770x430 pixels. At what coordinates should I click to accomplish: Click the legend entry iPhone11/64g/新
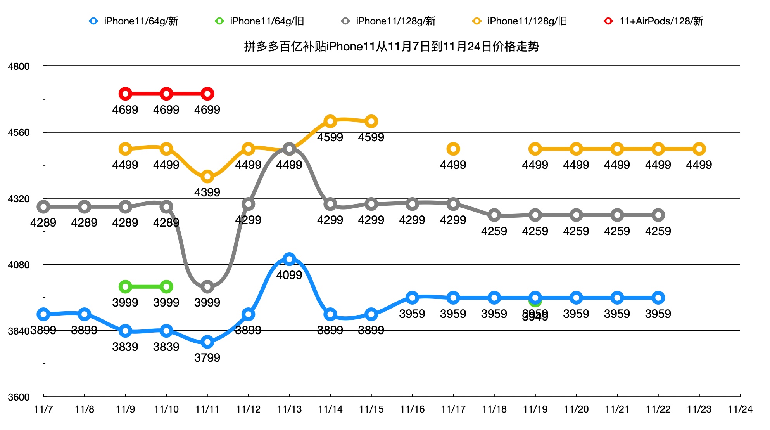tap(134, 21)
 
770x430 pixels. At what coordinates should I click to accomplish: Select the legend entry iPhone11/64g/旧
tap(260, 21)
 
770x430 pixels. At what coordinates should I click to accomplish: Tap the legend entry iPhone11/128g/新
tap(388, 21)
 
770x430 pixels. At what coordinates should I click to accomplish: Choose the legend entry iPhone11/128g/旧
tap(520, 21)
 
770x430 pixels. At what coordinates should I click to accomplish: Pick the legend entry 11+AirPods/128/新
tap(654, 21)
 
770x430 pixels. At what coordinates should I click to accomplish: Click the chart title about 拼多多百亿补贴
tap(392, 47)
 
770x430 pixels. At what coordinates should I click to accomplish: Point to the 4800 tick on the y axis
tap(19, 66)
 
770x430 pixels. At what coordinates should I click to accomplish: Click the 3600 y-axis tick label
tap(19, 397)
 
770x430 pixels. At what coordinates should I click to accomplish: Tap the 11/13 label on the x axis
tap(289, 409)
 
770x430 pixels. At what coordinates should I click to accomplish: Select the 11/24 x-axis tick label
tap(740, 409)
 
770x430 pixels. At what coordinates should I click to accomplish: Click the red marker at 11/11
tap(207, 94)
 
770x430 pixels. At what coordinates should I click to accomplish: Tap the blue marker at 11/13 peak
tap(289, 259)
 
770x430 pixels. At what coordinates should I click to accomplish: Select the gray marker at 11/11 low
tap(207, 287)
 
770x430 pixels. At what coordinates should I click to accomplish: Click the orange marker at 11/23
tap(699, 149)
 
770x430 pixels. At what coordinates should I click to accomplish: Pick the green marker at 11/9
tap(125, 287)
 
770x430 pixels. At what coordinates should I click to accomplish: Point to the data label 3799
tap(207, 357)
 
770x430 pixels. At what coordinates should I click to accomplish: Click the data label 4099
tap(289, 275)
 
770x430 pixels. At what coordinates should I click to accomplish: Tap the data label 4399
tap(207, 192)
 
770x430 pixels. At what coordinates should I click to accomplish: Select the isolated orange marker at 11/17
tap(453, 149)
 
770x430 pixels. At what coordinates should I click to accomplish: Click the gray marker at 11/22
tap(658, 215)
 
